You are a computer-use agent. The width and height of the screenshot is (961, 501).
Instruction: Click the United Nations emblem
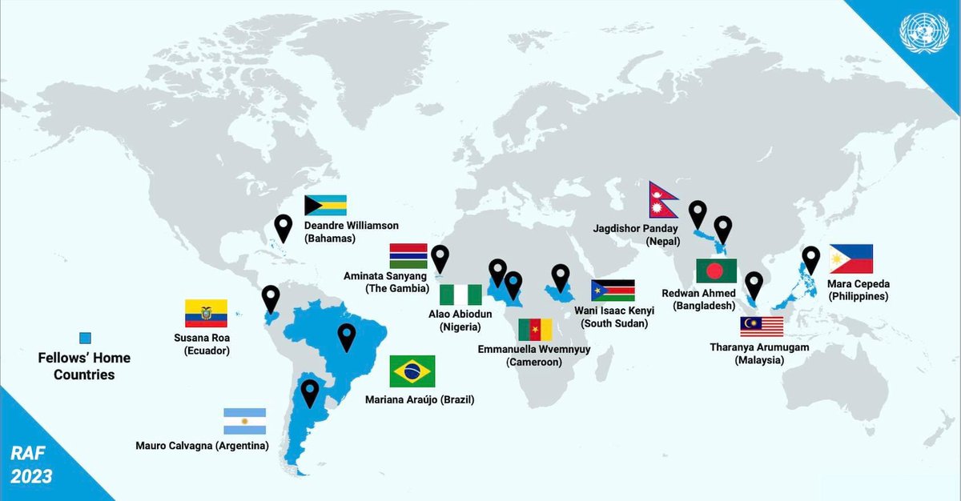pyautogui.click(x=923, y=34)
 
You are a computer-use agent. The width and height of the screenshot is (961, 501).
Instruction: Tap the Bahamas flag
pyautogui.click(x=325, y=206)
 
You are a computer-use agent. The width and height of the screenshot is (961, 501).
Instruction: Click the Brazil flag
pyautogui.click(x=412, y=371)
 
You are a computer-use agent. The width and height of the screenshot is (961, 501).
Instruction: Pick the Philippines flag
pyautogui.click(x=851, y=259)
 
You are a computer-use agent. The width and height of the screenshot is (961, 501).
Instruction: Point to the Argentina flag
pyautogui.click(x=244, y=421)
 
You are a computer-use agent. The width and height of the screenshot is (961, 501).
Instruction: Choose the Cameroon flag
pyautogui.click(x=534, y=330)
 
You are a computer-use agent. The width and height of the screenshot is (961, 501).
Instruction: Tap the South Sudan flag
pyautogui.click(x=613, y=291)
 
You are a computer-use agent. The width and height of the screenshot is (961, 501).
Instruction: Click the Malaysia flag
pyautogui.click(x=762, y=327)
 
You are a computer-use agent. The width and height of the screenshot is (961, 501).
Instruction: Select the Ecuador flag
pyautogui.click(x=206, y=314)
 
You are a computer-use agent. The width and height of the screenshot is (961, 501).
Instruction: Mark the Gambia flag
pyautogui.click(x=408, y=256)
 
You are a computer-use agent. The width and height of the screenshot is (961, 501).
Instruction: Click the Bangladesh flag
pyautogui.click(x=716, y=271)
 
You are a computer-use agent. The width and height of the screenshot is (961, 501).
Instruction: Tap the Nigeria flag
pyautogui.click(x=462, y=295)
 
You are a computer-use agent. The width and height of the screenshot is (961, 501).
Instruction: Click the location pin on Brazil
pyautogui.click(x=346, y=337)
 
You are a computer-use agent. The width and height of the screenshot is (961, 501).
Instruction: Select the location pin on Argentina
pyautogui.click(x=309, y=392)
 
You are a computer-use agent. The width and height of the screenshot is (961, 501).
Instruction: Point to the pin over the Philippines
pyautogui.click(x=811, y=259)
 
